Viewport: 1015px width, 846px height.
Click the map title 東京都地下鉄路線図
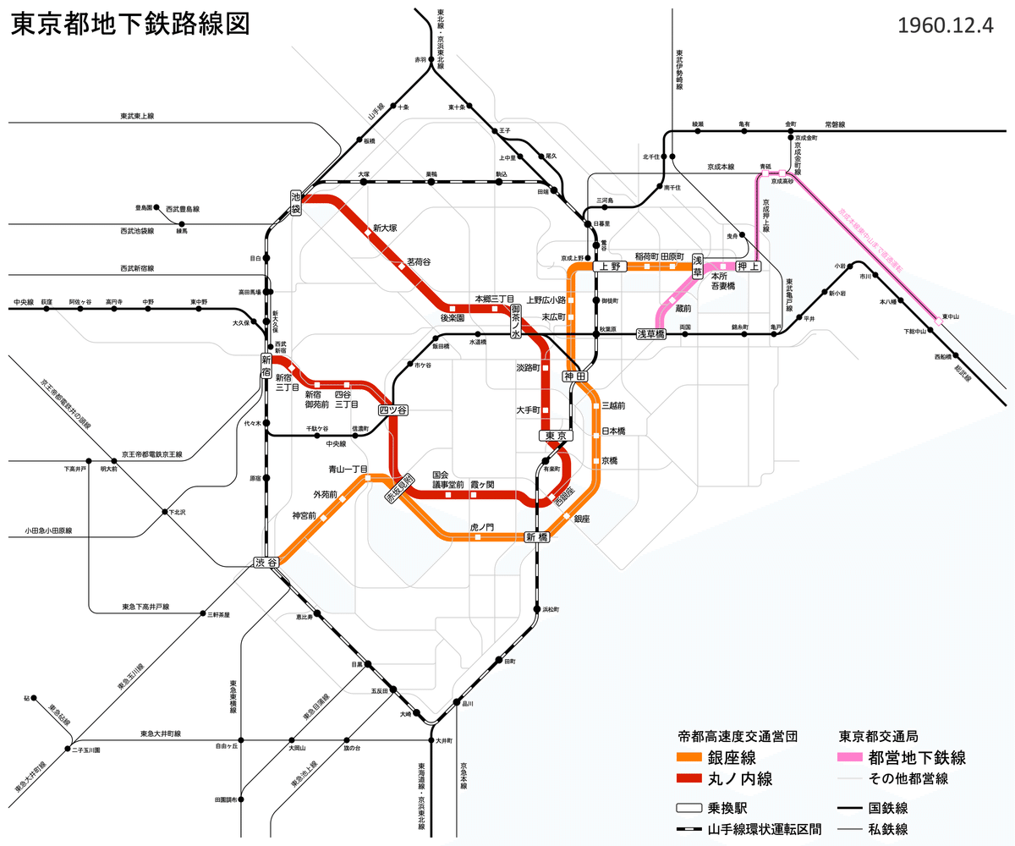(131, 25)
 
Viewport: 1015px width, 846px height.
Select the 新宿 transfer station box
(266, 365)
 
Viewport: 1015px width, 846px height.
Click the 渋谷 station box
(265, 563)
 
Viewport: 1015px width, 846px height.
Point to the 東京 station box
(555, 436)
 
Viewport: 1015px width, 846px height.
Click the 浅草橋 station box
(650, 334)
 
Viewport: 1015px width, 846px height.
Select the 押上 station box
(749, 266)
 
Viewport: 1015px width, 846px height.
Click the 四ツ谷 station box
(393, 410)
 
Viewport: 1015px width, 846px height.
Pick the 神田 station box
(574, 376)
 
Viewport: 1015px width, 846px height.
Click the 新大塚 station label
(385, 228)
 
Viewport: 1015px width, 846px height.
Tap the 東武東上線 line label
(137, 117)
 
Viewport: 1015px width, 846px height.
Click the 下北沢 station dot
(164, 512)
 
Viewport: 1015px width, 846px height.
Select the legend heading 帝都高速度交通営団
(738, 736)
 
